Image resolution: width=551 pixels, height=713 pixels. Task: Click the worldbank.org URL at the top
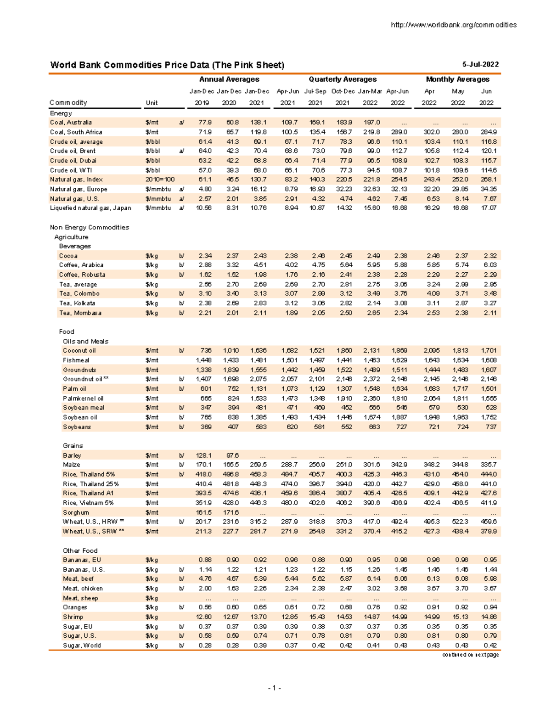coord(453,25)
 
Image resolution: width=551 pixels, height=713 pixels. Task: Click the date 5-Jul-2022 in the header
coord(480,65)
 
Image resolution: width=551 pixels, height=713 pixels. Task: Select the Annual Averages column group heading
coord(229,79)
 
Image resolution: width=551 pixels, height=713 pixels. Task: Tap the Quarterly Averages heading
coord(342,79)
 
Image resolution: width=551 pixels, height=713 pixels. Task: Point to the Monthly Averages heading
coord(457,79)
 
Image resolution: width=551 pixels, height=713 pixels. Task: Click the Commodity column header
coord(68,103)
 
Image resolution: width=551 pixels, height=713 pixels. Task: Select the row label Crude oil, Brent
coord(73,151)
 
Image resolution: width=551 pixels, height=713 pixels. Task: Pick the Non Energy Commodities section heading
coord(89,227)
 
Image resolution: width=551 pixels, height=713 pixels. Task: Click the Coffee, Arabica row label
coord(81,265)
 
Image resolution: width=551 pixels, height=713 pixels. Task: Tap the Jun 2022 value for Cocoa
coord(489,256)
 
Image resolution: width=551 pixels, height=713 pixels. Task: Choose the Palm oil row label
coord(74,389)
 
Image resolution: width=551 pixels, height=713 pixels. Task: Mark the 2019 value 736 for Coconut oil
coord(205,351)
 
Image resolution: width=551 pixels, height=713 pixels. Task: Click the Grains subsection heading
coord(73,446)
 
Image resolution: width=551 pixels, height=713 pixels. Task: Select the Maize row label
coord(71,465)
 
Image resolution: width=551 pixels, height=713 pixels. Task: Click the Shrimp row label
coord(73,617)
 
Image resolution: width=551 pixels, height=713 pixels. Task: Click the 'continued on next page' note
coord(470,655)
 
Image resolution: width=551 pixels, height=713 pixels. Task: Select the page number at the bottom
coord(275,688)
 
